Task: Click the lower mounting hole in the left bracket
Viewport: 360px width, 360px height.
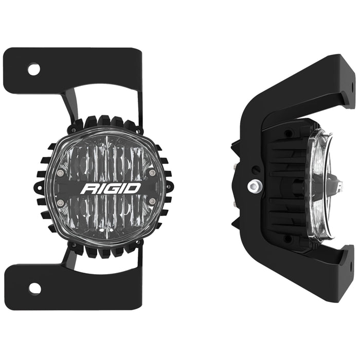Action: coord(34,288)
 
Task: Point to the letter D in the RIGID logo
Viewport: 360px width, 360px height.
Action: coord(133,188)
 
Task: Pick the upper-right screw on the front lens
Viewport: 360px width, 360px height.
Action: coord(152,174)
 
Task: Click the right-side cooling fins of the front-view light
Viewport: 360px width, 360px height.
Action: coord(169,188)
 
